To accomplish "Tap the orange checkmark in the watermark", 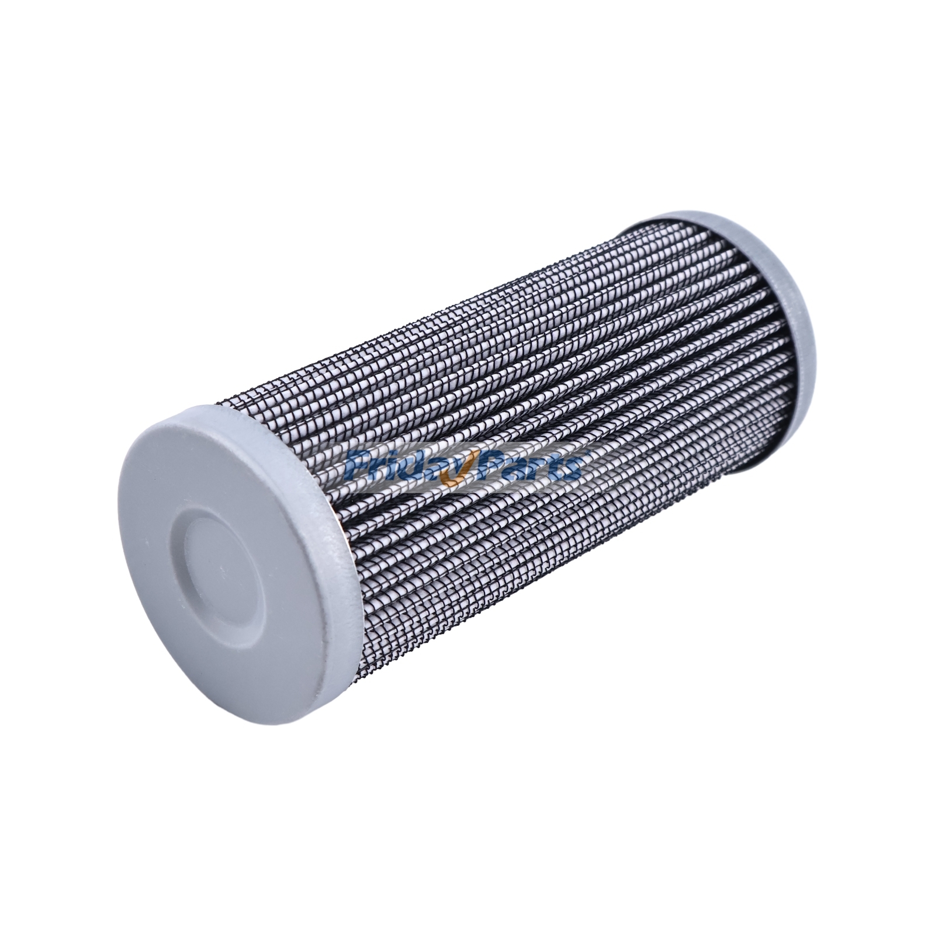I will pyautogui.click(x=453, y=476).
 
